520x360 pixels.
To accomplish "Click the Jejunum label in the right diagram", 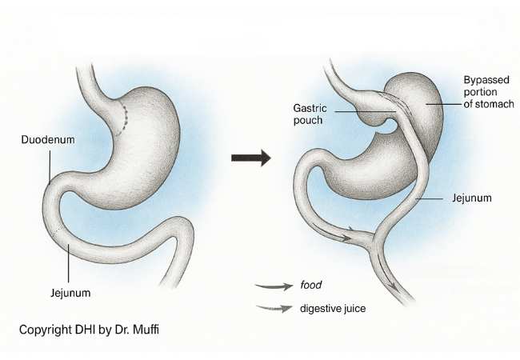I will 470,197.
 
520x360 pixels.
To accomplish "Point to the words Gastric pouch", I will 307,114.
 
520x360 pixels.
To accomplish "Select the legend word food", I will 311,283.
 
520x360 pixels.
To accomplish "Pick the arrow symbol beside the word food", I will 274,284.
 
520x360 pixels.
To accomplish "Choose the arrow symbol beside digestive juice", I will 274,308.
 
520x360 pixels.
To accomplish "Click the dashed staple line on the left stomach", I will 124,117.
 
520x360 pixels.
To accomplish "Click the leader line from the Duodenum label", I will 49,168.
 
